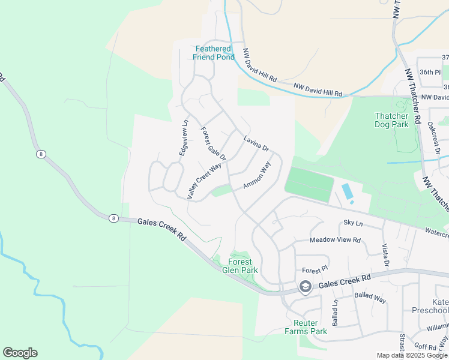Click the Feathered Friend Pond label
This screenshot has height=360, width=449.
(212, 53)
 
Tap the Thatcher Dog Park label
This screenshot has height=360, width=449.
(391, 120)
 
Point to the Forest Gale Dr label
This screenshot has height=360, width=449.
(213, 144)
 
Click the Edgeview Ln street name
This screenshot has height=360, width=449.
(184, 138)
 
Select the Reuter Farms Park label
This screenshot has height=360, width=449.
(306, 327)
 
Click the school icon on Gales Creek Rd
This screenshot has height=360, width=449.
(306, 287)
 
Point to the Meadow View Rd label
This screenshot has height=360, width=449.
(335, 240)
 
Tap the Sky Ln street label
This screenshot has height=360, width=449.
(353, 223)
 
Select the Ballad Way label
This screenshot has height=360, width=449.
(370, 296)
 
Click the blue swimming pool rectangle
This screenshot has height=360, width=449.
(347, 193)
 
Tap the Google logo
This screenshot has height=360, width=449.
(20, 353)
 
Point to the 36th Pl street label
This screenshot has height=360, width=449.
(430, 72)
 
